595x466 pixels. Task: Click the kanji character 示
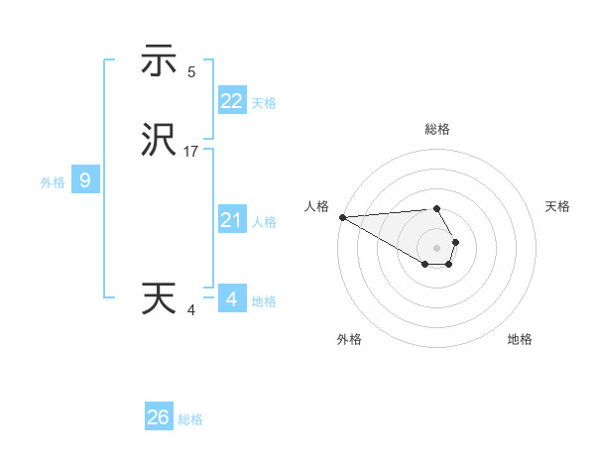point(159,62)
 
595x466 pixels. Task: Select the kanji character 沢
point(159,141)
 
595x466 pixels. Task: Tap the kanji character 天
point(159,298)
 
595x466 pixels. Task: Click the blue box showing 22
point(231,100)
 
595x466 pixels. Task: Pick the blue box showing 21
point(231,220)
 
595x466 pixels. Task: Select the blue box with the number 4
point(231,298)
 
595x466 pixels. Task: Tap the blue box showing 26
point(159,417)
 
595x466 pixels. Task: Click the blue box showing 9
point(85,180)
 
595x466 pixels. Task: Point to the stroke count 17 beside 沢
point(191,153)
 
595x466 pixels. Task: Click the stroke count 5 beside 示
point(191,72)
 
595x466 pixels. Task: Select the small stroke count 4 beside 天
point(191,310)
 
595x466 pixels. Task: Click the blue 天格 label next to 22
point(264,103)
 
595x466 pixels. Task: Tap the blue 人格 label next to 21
point(264,222)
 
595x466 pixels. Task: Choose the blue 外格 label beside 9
point(53,182)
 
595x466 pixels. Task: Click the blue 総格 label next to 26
point(190,420)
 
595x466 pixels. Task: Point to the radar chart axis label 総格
point(437,129)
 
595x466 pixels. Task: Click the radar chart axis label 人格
point(316,206)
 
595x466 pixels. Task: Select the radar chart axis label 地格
point(520,339)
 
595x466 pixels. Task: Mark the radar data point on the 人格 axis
point(342,217)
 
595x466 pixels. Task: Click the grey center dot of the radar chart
point(437,247)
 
